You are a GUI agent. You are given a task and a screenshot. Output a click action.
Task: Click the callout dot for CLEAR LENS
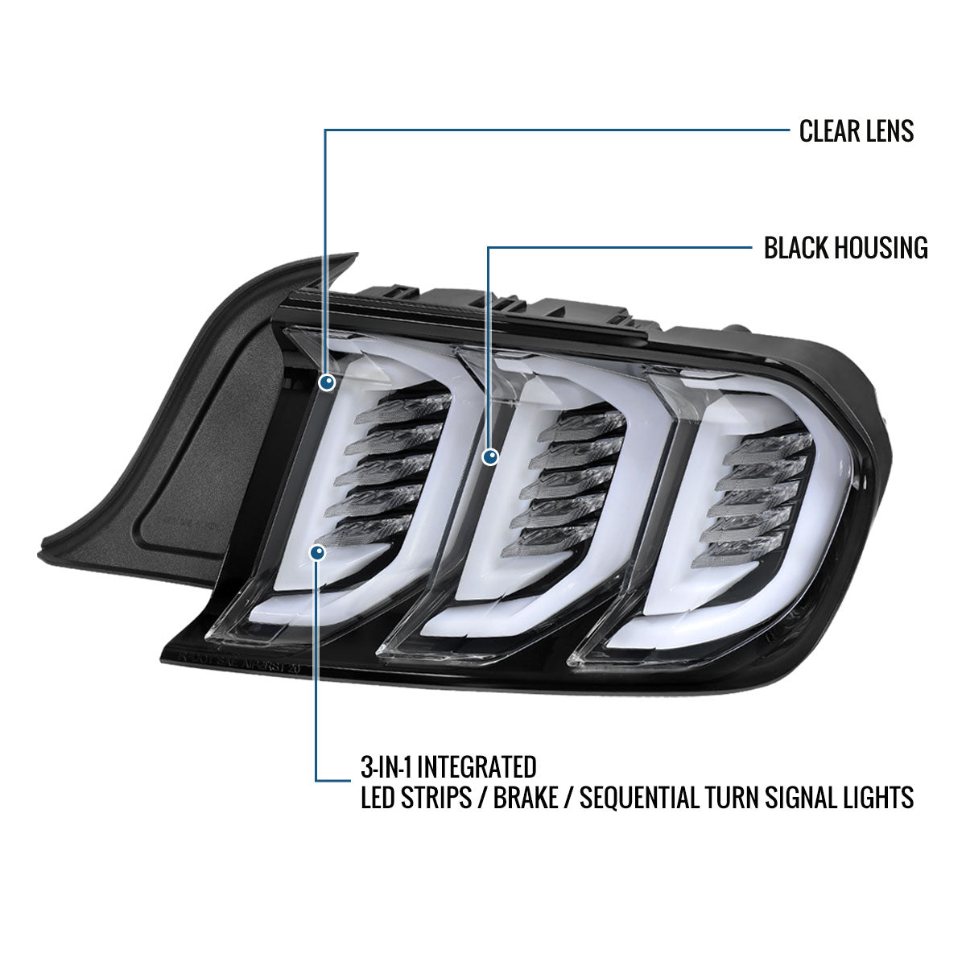click(x=327, y=383)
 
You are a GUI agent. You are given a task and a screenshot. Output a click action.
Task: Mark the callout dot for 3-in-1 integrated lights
click(x=317, y=552)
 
